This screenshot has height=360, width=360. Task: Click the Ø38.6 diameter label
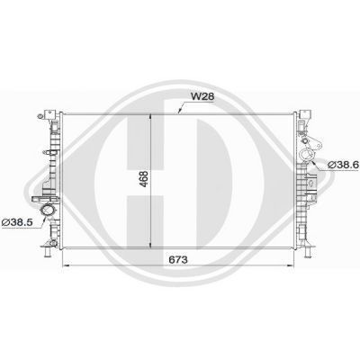tap(343, 165)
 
